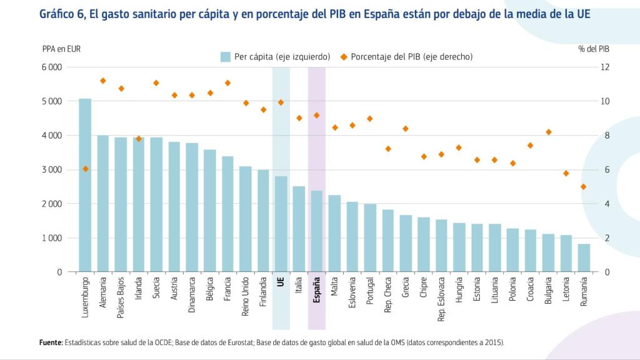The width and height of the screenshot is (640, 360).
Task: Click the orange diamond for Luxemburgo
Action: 85,169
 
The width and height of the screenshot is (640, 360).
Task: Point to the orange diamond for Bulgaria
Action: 548,132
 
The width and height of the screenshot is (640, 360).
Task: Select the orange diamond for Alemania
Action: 103,81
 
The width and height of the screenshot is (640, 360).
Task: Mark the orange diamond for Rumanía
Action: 584,186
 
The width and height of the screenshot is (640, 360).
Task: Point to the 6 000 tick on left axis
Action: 52,67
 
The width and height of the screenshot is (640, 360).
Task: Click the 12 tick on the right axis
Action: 605,67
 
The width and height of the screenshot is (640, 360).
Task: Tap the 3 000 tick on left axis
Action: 52,169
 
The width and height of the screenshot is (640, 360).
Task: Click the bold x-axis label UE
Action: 281,282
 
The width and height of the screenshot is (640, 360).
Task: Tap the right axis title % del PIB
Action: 594,48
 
